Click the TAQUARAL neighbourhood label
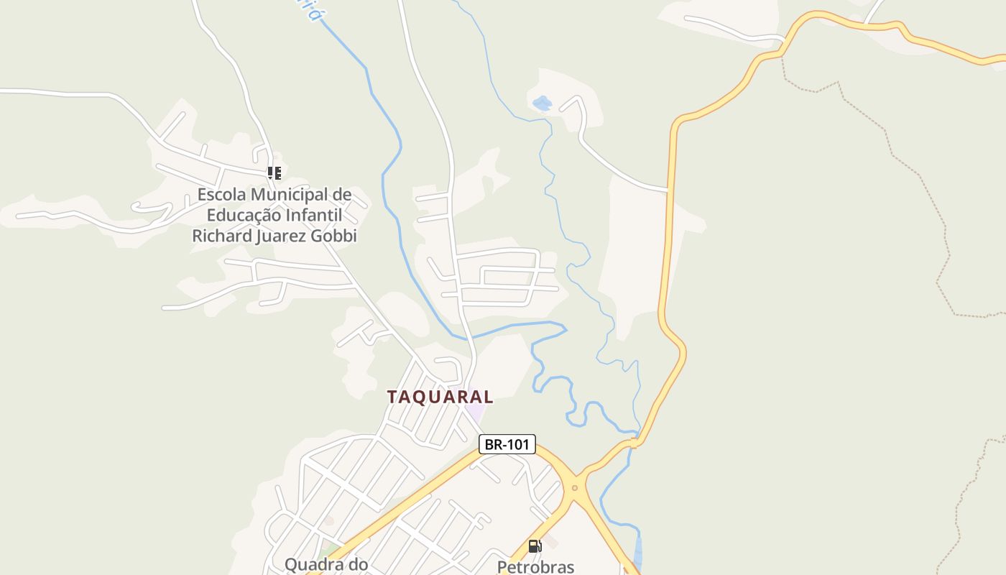[x=440, y=397]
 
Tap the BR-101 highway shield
[x=507, y=444]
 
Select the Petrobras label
[x=535, y=566]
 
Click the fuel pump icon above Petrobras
[x=534, y=546]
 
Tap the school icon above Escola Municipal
[x=274, y=172]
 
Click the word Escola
[x=221, y=194]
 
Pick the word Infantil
[x=323, y=215]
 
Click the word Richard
[x=220, y=236]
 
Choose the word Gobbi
[x=334, y=236]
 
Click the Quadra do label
[x=326, y=564]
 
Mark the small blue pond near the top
[x=543, y=103]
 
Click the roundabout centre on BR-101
[x=574, y=487]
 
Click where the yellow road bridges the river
[x=634, y=443]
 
